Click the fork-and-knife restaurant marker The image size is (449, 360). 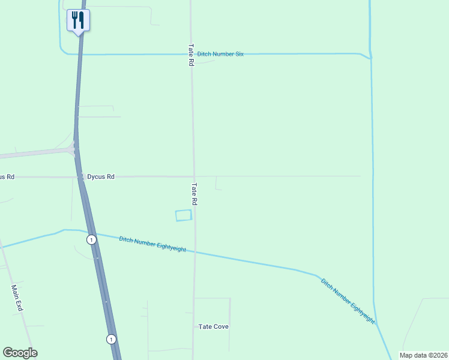pyautogui.click(x=78, y=20)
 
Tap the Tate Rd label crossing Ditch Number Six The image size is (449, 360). pyautogui.click(x=191, y=54)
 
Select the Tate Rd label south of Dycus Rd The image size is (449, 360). pyautogui.click(x=194, y=194)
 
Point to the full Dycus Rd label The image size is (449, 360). pyautogui.click(x=100, y=177)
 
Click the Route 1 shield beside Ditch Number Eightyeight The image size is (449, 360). pyautogui.click(x=91, y=239)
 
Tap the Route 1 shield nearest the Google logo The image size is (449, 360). pyautogui.click(x=111, y=339)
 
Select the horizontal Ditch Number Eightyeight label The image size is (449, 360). pyautogui.click(x=152, y=244)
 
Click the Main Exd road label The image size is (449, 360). pyautogui.click(x=17, y=298)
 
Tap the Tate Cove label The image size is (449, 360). pyautogui.click(x=214, y=326)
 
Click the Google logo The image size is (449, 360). pyautogui.click(x=20, y=353)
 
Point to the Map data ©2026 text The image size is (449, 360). pyautogui.click(x=423, y=355)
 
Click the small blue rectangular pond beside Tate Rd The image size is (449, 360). pyautogui.click(x=183, y=215)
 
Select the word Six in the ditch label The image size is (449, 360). pyautogui.click(x=239, y=54)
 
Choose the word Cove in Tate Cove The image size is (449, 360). pyautogui.click(x=220, y=326)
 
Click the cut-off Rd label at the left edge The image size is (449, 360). pyautogui.click(x=7, y=177)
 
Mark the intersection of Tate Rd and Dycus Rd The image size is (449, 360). pyautogui.click(x=193, y=176)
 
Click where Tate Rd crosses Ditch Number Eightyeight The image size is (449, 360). pyautogui.click(x=194, y=253)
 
